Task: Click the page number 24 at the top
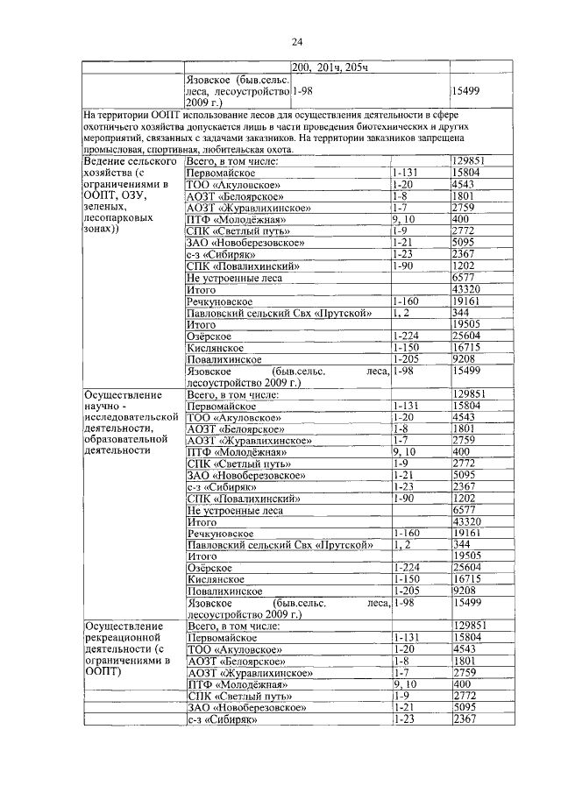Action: coord(297,41)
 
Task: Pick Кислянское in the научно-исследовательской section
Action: coord(213,579)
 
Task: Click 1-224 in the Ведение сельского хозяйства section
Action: coord(406,336)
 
